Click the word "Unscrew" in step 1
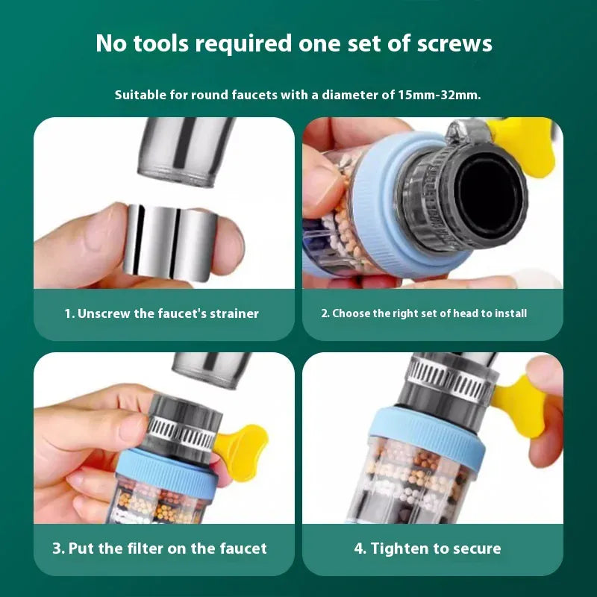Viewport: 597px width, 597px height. coord(103,313)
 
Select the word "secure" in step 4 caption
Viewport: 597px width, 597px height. coord(475,548)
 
